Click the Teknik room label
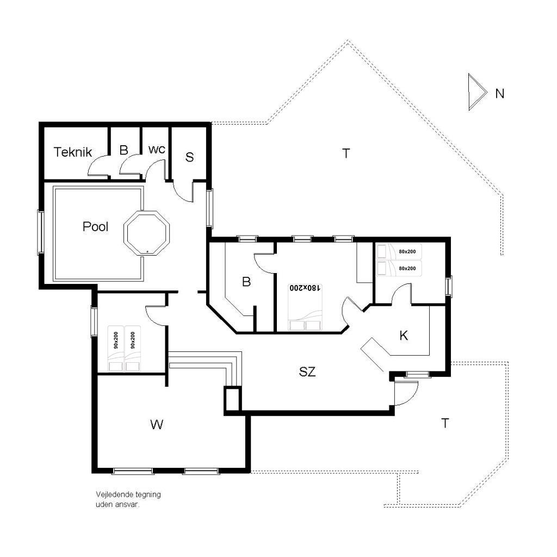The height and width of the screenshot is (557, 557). [73, 152]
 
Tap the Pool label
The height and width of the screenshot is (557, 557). [95, 227]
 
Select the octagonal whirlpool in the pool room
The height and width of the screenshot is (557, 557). [147, 233]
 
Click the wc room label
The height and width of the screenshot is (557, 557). [157, 150]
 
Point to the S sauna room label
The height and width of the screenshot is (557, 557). [190, 157]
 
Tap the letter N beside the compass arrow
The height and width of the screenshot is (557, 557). [499, 94]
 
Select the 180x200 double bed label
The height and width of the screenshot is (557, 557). [305, 288]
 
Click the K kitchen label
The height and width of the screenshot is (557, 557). [404, 335]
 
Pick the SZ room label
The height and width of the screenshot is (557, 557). [307, 372]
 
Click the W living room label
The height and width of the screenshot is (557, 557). [157, 424]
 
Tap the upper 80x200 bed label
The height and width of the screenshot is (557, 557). [407, 251]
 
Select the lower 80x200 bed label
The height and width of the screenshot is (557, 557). [407, 269]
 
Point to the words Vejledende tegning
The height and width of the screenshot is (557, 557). [128, 494]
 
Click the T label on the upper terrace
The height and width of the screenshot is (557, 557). [346, 153]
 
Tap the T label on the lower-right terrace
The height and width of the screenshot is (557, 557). [445, 423]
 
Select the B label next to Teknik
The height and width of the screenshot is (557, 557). [123, 150]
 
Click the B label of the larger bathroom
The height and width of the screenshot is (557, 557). [246, 282]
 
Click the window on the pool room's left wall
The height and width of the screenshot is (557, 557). [40, 232]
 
